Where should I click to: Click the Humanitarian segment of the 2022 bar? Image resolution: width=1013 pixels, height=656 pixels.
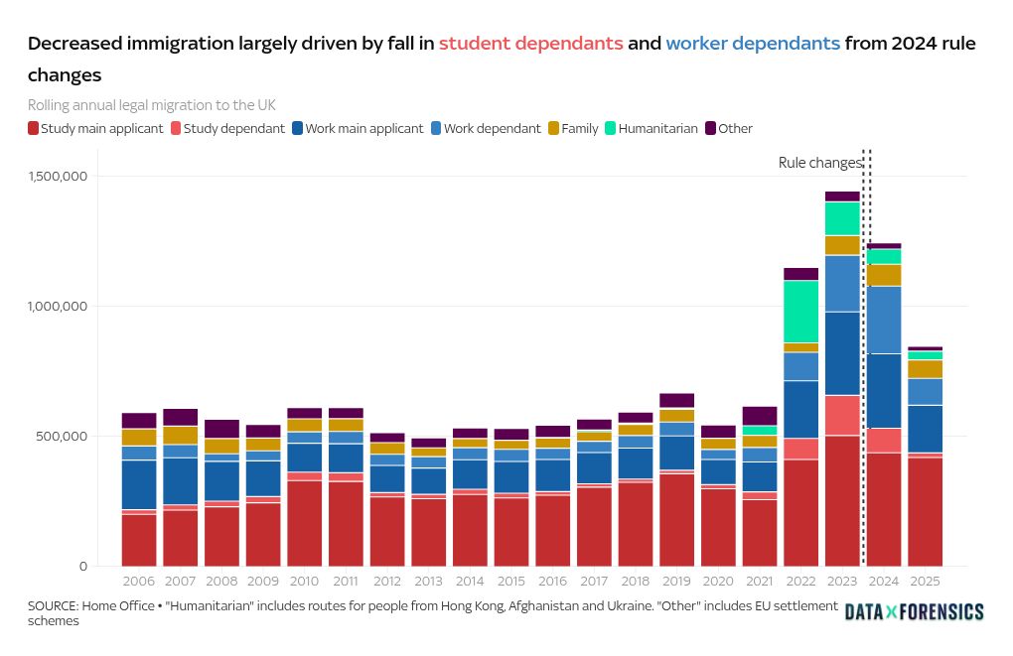coord(800,312)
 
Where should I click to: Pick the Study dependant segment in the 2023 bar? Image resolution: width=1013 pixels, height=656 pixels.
coord(842,415)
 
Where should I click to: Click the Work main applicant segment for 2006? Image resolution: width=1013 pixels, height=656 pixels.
coord(139,484)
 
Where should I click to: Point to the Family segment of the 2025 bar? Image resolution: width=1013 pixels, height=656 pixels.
coord(925,369)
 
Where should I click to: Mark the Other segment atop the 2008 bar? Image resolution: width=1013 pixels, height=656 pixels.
coord(222,429)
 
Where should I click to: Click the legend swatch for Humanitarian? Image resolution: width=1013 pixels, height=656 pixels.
coord(611,128)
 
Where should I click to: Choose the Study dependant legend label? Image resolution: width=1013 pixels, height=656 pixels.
coord(233,128)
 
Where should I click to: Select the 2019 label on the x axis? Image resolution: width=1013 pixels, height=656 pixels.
coord(676,580)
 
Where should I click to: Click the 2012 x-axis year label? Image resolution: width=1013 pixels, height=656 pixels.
coord(386,580)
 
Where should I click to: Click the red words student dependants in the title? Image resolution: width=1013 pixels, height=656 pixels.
coord(531,44)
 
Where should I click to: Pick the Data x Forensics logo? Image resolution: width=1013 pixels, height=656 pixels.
coord(914,612)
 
